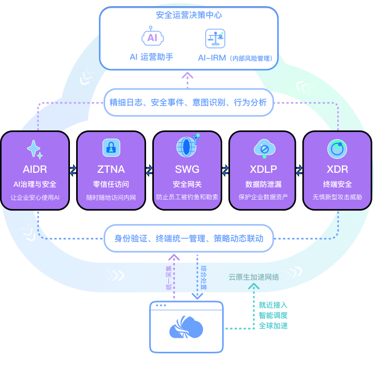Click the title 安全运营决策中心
[189, 16]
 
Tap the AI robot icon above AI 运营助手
[152, 37]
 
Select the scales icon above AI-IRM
[215, 38]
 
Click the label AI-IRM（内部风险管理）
[235, 58]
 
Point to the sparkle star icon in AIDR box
[34, 150]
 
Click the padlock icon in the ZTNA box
[111, 147]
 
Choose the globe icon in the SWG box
[186, 147]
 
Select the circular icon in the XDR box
[337, 149]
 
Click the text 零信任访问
[111, 185]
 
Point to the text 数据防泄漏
[263, 185]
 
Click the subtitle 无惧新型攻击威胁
[337, 198]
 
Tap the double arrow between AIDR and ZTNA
[73, 170]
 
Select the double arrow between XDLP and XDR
[299, 170]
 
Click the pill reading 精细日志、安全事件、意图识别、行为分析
[188, 102]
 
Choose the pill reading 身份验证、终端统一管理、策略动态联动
[189, 238]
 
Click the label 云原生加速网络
[254, 277]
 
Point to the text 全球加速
[273, 326]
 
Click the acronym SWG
[187, 169]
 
